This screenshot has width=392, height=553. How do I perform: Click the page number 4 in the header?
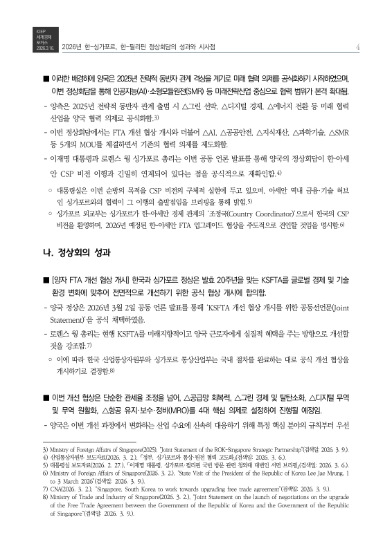(x=354, y=47)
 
